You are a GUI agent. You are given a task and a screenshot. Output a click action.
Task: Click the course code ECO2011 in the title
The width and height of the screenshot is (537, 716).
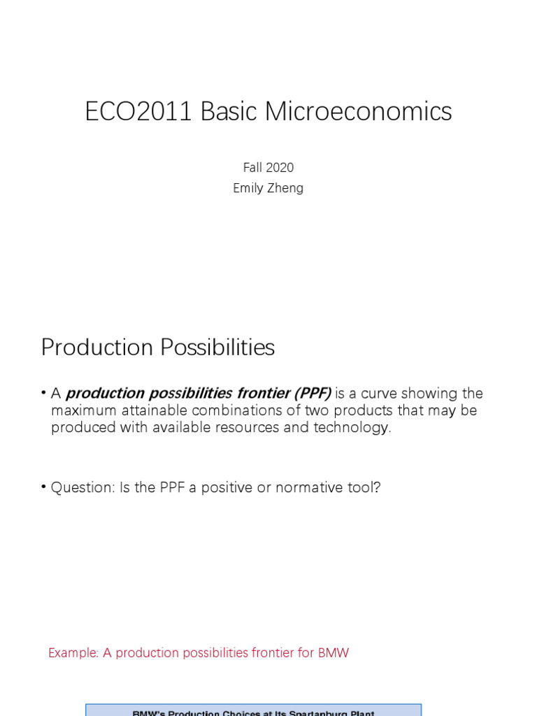point(138,112)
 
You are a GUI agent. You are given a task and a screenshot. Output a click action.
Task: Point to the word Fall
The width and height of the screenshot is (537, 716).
point(252,167)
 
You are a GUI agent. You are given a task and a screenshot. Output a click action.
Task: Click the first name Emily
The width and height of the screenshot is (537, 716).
point(248,188)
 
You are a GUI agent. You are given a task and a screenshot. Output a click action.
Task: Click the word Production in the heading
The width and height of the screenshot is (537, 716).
point(96,348)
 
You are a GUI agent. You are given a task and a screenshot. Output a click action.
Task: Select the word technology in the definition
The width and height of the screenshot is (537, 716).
point(354,427)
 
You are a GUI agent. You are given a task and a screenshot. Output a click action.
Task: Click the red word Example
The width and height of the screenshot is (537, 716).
point(73,653)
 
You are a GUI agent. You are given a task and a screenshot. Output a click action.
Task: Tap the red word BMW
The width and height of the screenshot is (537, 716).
point(333,653)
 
